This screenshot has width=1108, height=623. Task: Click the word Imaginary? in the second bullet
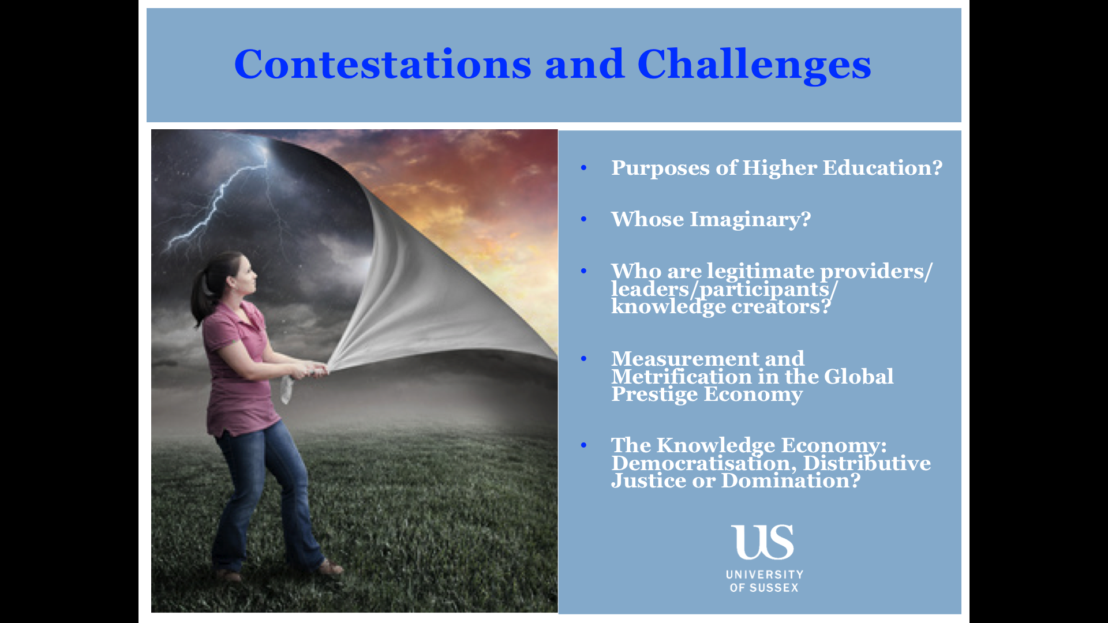click(751, 219)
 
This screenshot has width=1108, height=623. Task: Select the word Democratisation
click(703, 463)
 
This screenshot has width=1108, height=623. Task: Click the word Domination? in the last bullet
click(791, 481)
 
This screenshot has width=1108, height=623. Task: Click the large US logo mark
click(763, 542)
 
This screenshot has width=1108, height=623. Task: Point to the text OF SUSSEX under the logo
click(764, 588)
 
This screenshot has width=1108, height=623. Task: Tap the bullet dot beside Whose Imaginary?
click(583, 219)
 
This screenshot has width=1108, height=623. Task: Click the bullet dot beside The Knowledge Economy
click(583, 445)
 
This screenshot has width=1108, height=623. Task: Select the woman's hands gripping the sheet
click(312, 369)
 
